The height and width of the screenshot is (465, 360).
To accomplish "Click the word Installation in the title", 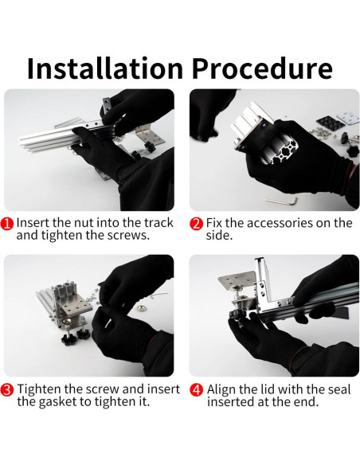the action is coord(105,68).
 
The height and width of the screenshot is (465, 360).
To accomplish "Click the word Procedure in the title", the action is coord(262,68).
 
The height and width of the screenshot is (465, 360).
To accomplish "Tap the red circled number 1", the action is coord(7,224).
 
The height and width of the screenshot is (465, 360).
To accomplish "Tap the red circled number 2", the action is coord(196,224).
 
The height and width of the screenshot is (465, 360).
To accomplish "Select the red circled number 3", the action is coord(7,390).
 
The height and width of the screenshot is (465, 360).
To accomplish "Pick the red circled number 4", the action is coord(196,390).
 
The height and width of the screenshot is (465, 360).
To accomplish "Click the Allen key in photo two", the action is coord(282,201).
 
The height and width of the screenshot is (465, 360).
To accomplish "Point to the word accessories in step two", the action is coord(280,223).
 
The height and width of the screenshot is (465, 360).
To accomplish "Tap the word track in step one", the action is coord(158,223).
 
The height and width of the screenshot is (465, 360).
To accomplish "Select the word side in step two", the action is coord(219,236).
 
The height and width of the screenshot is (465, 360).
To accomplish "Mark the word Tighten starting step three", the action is coord(37,389).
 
